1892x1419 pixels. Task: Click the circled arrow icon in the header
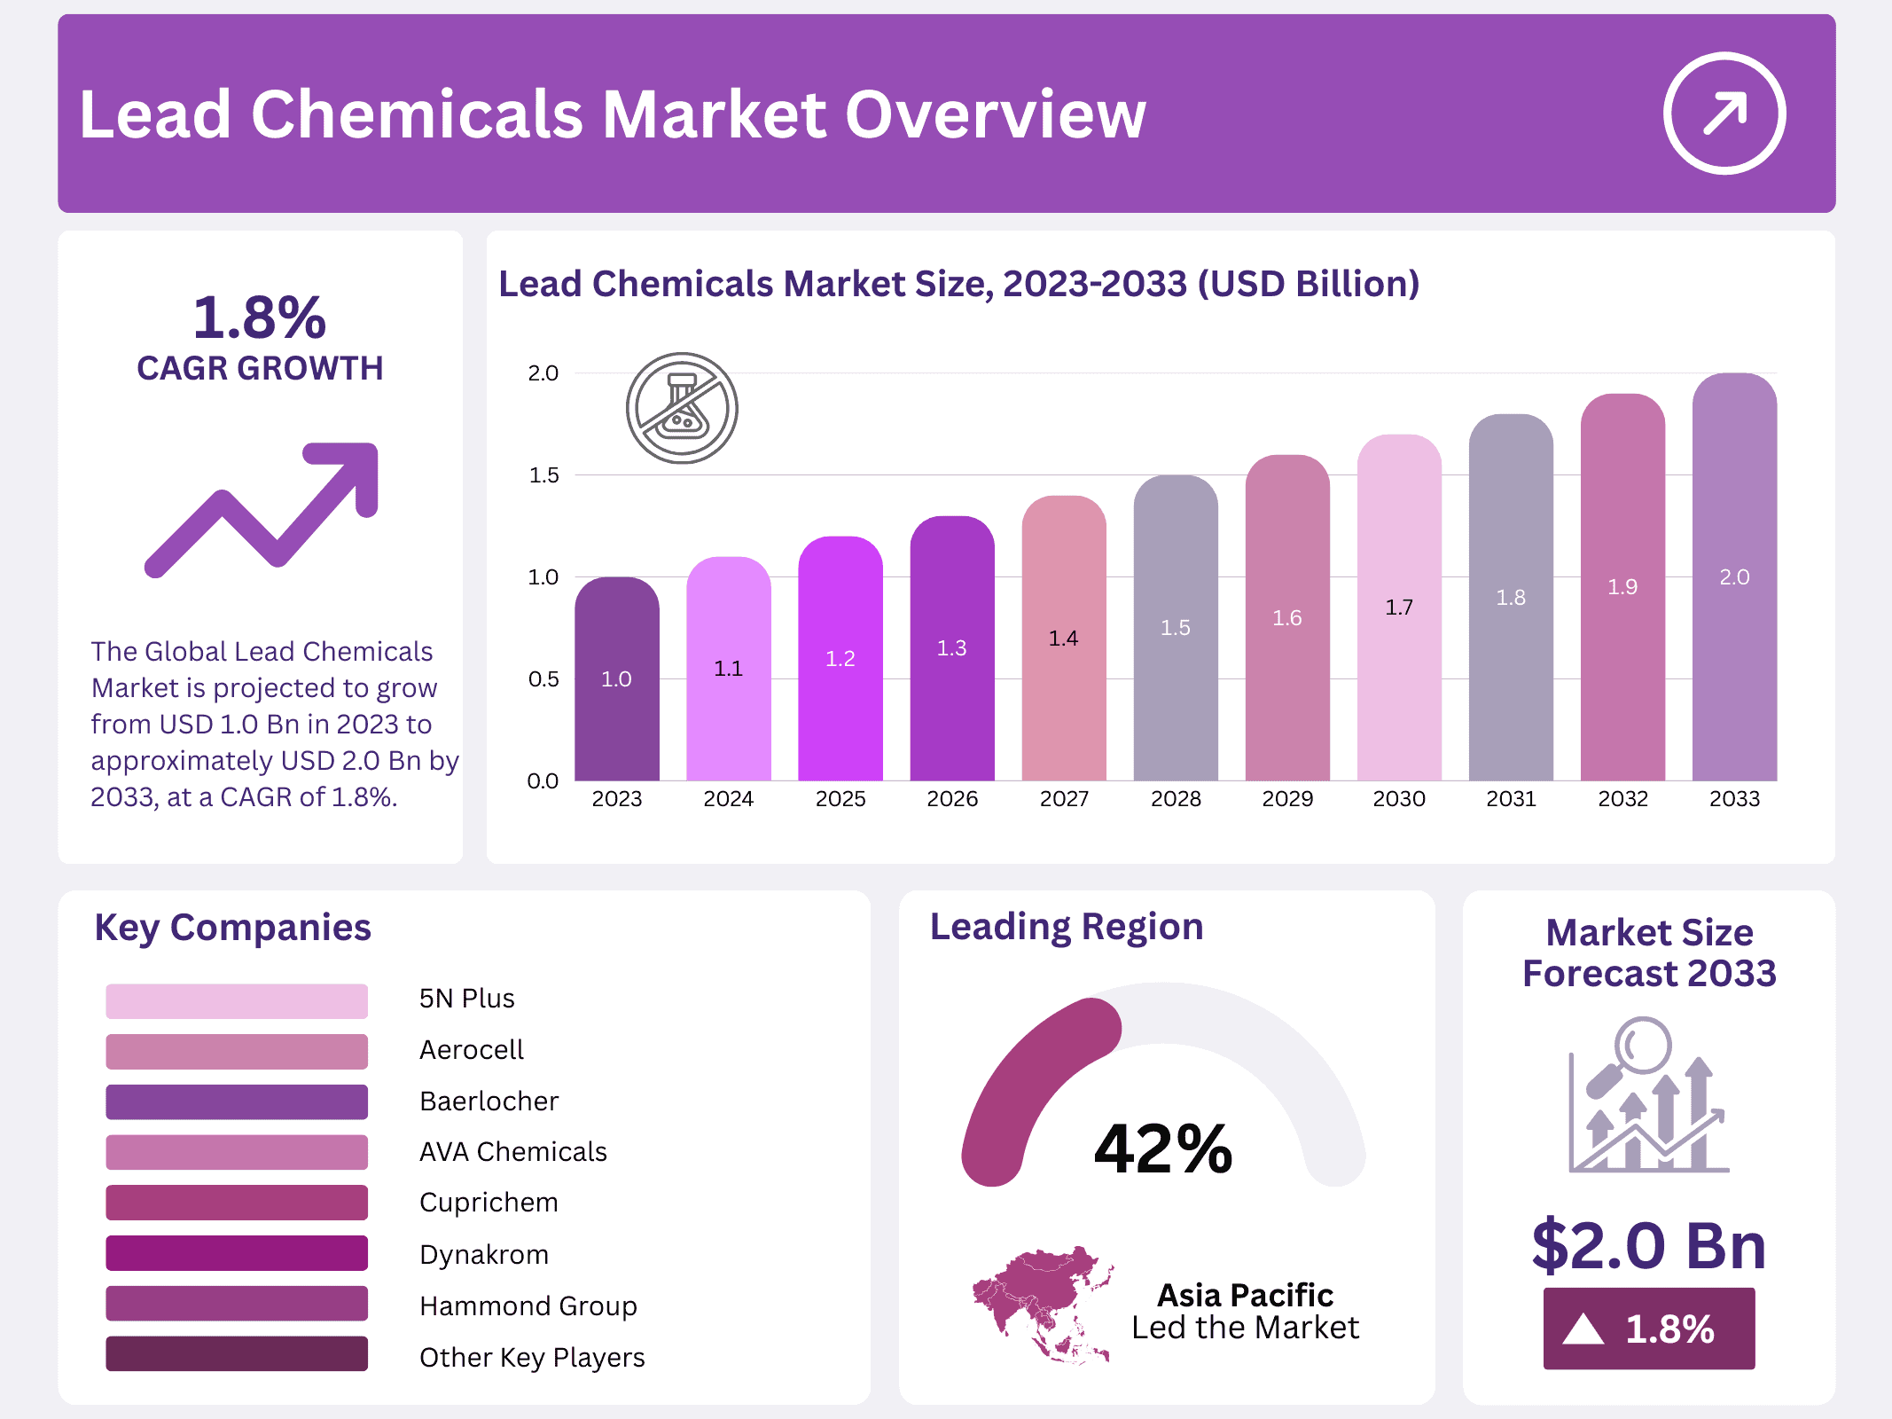[1724, 114]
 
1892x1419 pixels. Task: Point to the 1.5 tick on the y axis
[543, 475]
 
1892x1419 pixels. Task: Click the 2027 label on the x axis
[1064, 799]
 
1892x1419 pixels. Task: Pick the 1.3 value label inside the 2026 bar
[951, 648]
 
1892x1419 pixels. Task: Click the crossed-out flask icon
[682, 408]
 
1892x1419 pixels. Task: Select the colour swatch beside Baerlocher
[237, 1101]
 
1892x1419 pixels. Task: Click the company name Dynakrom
[484, 1254]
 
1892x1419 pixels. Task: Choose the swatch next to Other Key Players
[237, 1354]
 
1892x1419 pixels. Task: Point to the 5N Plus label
[466, 999]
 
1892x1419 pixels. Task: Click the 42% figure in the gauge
[1163, 1149]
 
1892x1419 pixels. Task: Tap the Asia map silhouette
[1043, 1302]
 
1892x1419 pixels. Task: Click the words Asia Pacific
[1245, 1295]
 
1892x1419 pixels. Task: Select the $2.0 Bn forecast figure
[1648, 1245]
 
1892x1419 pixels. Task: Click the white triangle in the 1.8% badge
[1583, 1329]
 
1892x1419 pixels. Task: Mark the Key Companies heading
[232, 928]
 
